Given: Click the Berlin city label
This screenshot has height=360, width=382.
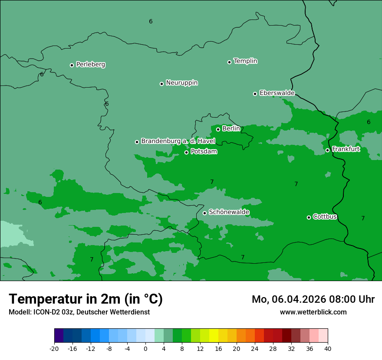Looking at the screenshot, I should pyautogui.click(x=231, y=129).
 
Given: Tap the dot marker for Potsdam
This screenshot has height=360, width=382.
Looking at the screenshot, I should pyautogui.click(x=187, y=152).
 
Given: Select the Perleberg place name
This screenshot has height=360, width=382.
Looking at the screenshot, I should pyautogui.click(x=90, y=65).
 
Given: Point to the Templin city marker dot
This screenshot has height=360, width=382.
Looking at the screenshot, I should pyautogui.click(x=229, y=62).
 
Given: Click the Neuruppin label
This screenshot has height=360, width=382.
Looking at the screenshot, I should pyautogui.click(x=181, y=83).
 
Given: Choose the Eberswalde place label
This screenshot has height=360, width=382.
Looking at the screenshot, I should pyautogui.click(x=277, y=93).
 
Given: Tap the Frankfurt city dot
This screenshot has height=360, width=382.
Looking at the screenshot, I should pyautogui.click(x=327, y=151).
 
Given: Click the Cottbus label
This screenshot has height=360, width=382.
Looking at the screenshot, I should pyautogui.click(x=325, y=217).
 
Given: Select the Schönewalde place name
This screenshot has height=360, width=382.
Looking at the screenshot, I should pyautogui.click(x=229, y=212).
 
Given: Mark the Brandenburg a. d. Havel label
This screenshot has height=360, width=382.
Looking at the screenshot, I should pyautogui.click(x=178, y=141).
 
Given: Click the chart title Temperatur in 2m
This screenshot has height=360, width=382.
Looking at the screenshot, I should pyautogui.click(x=86, y=299).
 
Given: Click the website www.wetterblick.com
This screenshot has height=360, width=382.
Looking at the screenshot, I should pyautogui.click(x=313, y=312).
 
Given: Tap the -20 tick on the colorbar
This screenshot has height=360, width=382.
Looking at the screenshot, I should pyautogui.click(x=54, y=349).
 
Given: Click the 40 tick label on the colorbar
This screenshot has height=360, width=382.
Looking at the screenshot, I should pyautogui.click(x=328, y=349).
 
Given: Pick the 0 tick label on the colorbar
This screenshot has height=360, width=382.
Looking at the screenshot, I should pyautogui.click(x=145, y=349).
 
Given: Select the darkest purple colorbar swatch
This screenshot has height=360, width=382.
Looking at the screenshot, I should pyautogui.click(x=59, y=336).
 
